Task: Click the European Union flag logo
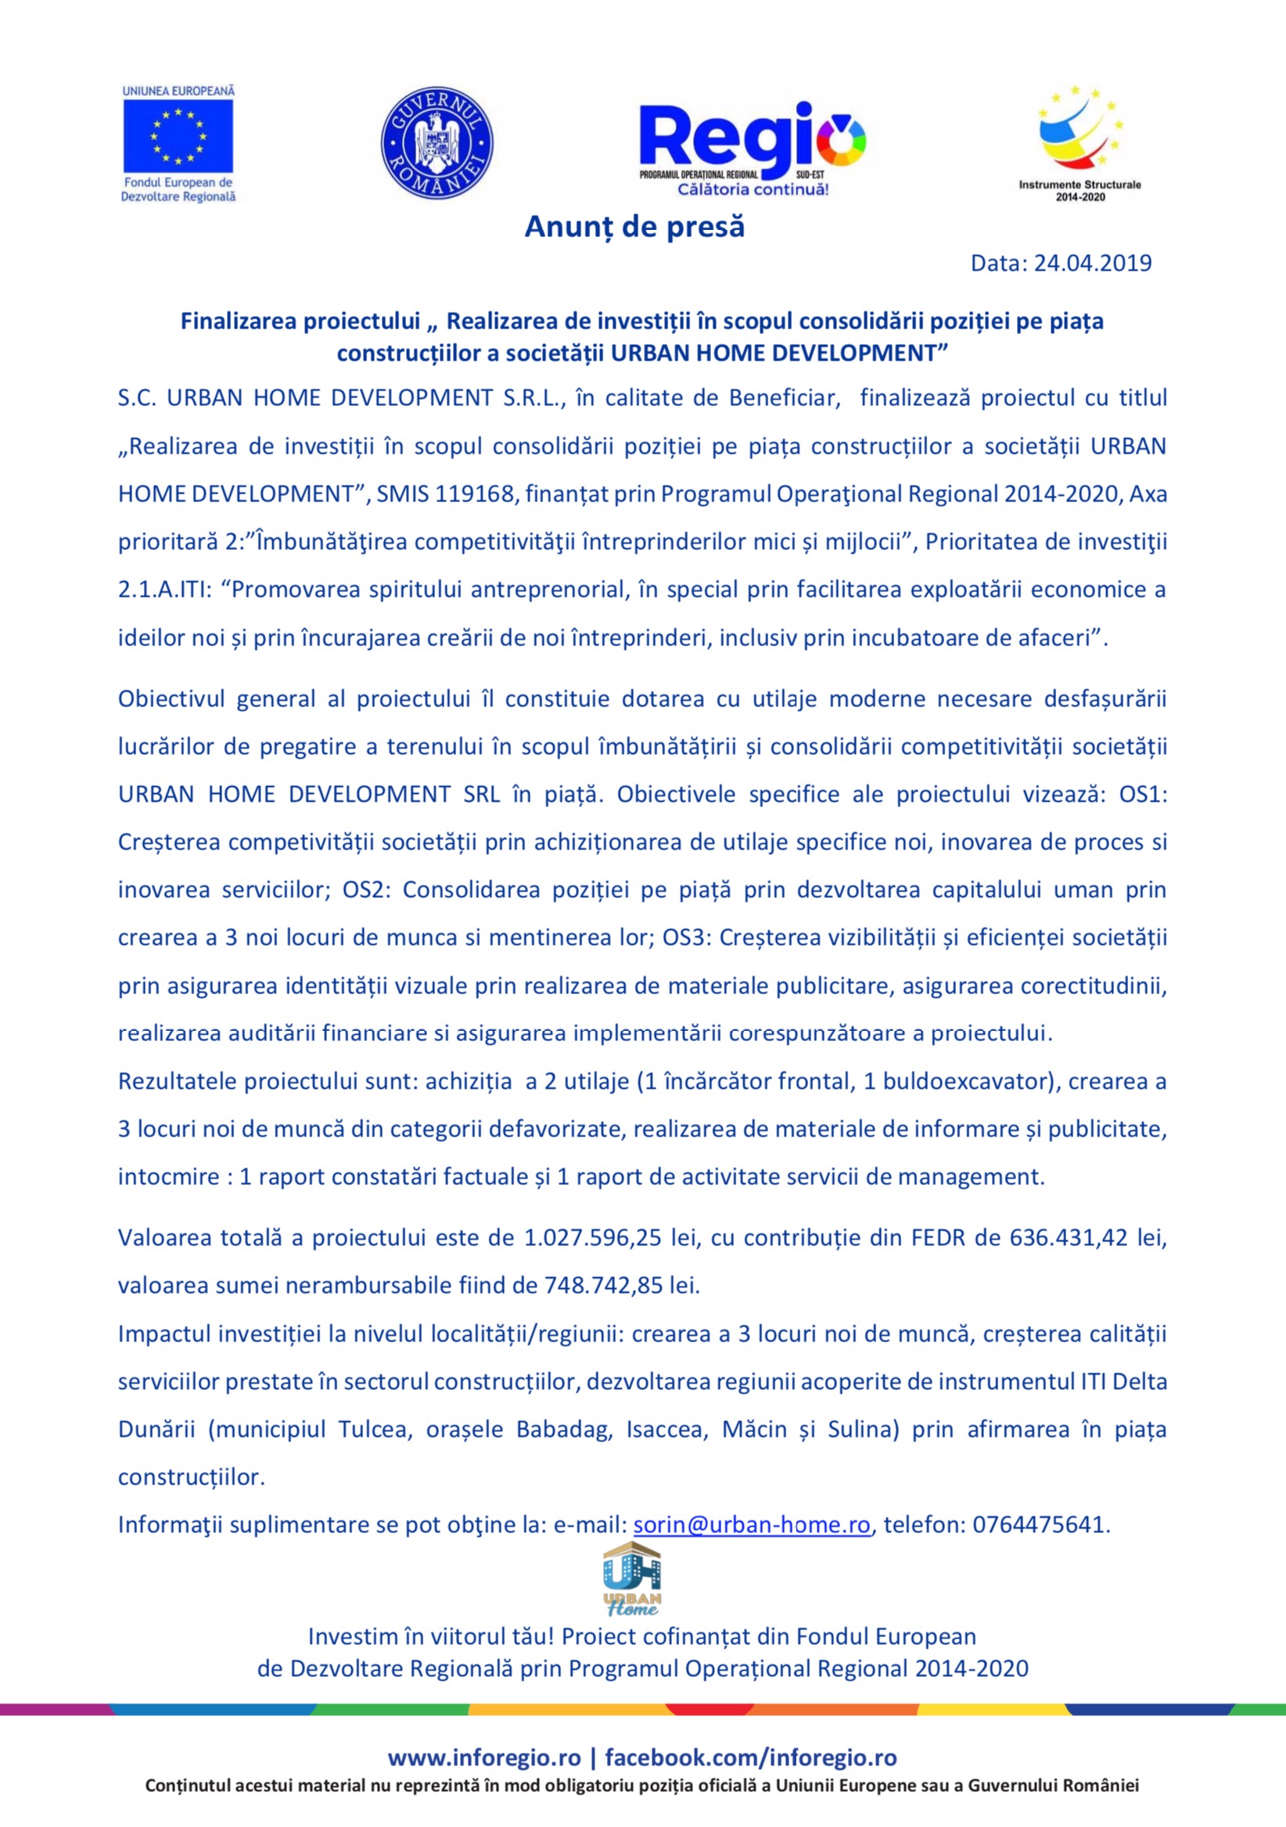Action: coord(178,135)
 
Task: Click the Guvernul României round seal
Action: coord(436,143)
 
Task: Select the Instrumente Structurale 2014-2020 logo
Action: coord(1079,143)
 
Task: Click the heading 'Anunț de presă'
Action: coord(634,227)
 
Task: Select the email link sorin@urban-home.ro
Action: coord(751,1524)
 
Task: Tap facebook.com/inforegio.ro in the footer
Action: coord(750,1757)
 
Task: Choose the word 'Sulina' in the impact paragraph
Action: coord(863,1429)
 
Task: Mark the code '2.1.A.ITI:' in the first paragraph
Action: coord(165,590)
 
